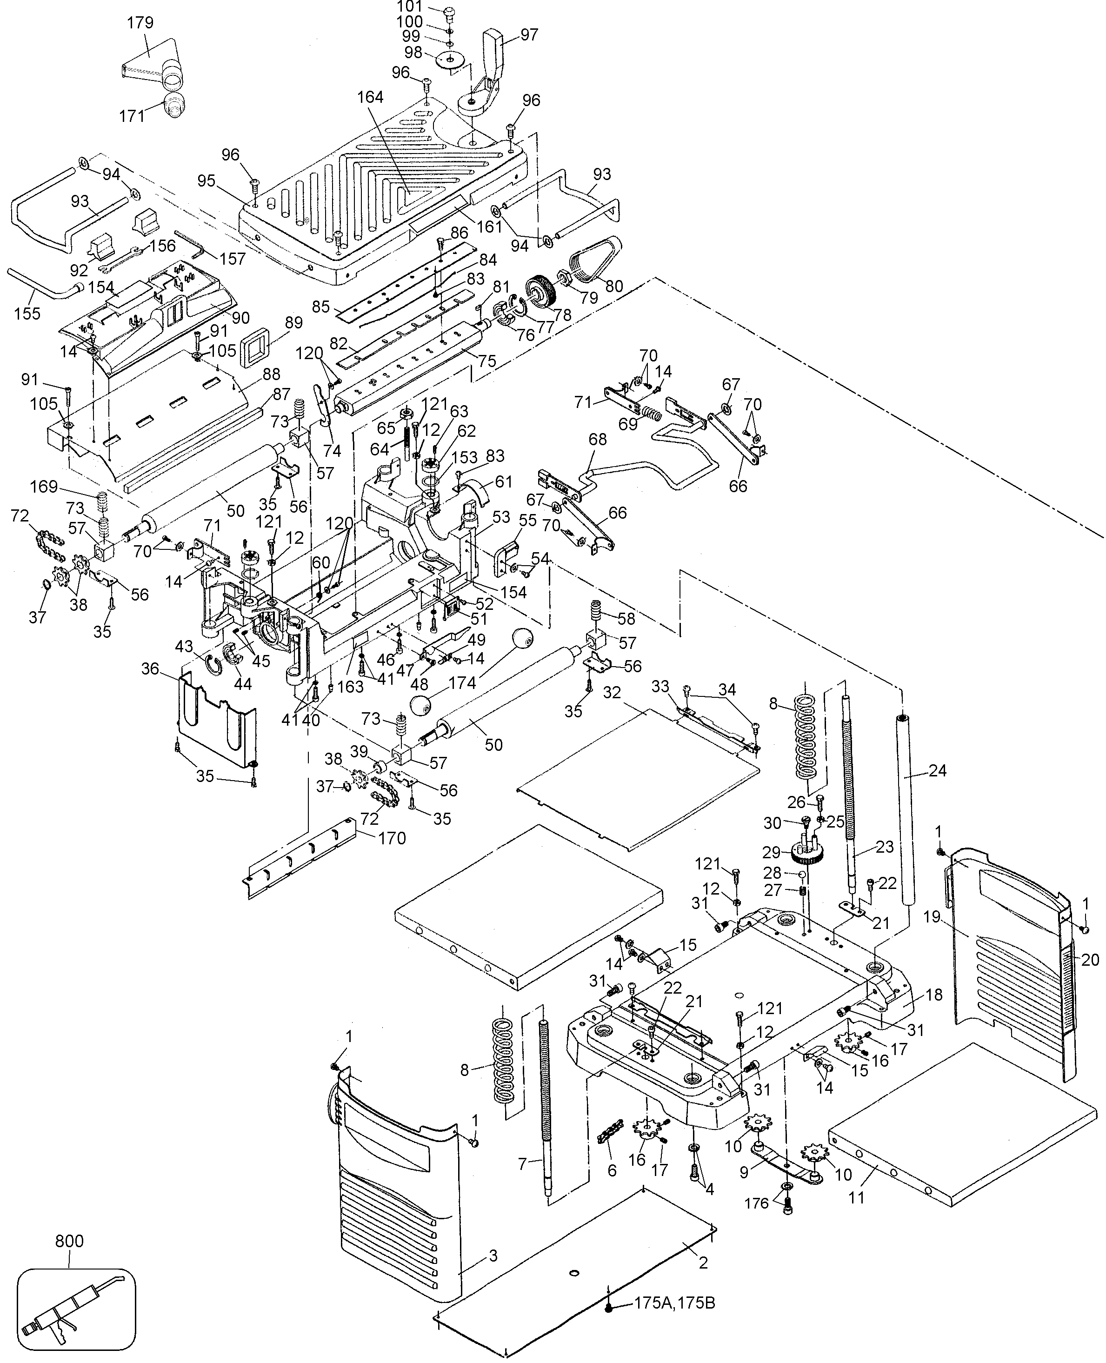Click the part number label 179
(x=140, y=23)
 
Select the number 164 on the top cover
(x=370, y=97)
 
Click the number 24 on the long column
(x=937, y=770)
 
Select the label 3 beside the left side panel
(x=493, y=1256)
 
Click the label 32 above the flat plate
(x=612, y=693)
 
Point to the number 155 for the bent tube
(x=27, y=313)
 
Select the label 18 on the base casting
(x=933, y=995)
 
